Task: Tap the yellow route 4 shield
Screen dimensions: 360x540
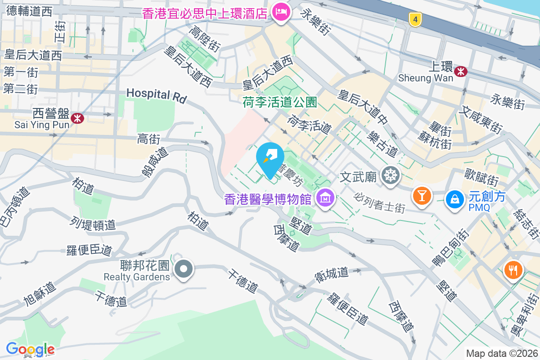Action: pyautogui.click(x=415, y=19)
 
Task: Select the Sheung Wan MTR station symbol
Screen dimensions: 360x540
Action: pyautogui.click(x=460, y=71)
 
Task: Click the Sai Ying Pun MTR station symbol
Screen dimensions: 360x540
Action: pyautogui.click(x=78, y=118)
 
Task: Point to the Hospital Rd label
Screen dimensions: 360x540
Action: pyautogui.click(x=156, y=94)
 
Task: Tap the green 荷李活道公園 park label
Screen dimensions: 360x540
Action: pyautogui.click(x=280, y=102)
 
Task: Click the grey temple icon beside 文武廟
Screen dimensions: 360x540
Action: pyautogui.click(x=389, y=175)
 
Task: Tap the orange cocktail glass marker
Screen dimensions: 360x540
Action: pyautogui.click(x=422, y=196)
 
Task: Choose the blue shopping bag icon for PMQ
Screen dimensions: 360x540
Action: pyautogui.click(x=455, y=199)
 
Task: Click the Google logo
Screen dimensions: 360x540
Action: pyautogui.click(x=30, y=349)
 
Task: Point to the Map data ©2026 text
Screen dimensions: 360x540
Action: pyautogui.click(x=502, y=353)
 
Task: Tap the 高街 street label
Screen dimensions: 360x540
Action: pyautogui.click(x=148, y=140)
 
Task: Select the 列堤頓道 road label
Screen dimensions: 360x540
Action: pyautogui.click(x=93, y=223)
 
